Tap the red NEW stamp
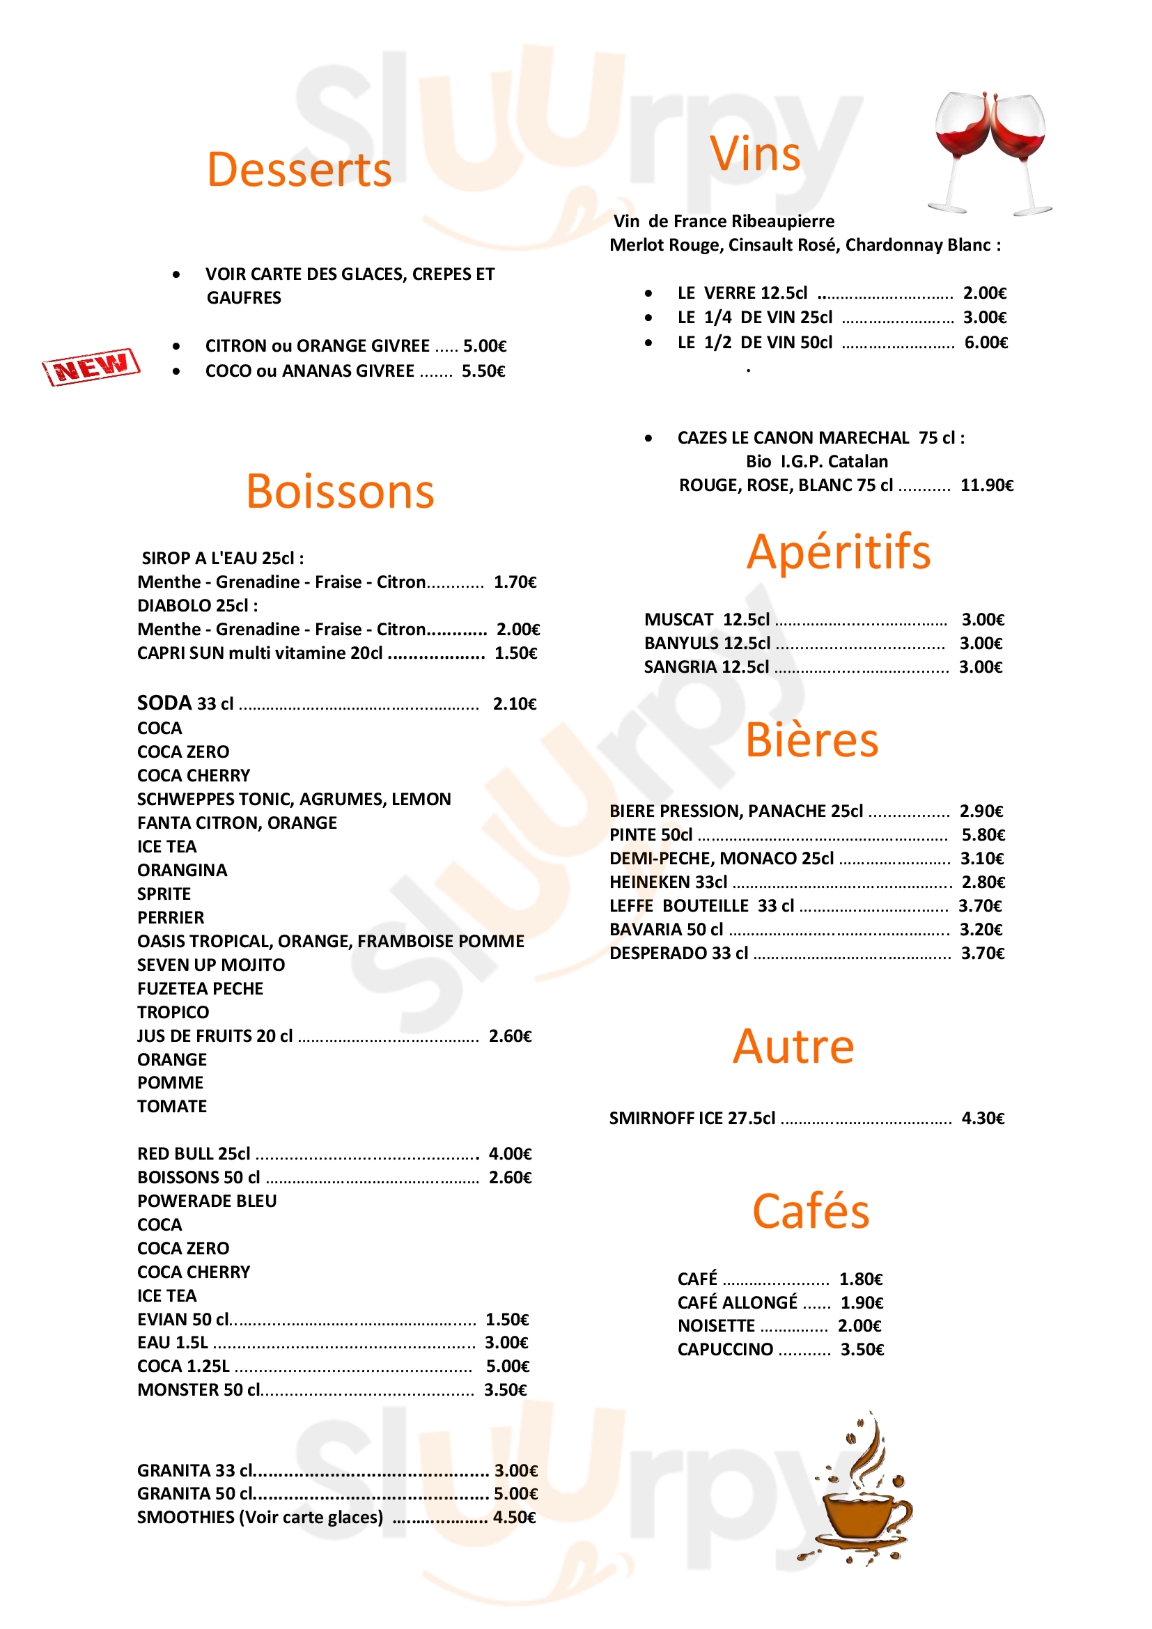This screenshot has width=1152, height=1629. (x=91, y=367)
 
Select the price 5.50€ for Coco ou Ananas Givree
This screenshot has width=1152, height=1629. (x=483, y=371)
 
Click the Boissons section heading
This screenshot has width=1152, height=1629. (x=340, y=492)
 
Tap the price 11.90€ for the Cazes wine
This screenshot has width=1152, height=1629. (x=986, y=485)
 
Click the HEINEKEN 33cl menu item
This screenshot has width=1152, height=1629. (x=668, y=882)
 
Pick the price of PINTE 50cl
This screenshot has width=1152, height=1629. (x=983, y=835)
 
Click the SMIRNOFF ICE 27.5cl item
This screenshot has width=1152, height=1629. (x=692, y=1119)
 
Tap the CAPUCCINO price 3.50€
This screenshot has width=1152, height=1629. (x=862, y=1350)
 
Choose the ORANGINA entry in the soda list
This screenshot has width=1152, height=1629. (x=182, y=871)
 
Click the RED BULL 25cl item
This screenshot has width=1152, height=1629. (x=194, y=1154)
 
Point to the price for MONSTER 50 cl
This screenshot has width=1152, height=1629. (x=505, y=1390)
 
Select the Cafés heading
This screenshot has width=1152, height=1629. (x=810, y=1212)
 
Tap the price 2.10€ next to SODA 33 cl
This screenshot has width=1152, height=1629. (x=514, y=704)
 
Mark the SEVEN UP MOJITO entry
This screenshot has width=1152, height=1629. (x=210, y=965)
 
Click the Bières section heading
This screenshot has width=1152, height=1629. (x=811, y=741)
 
